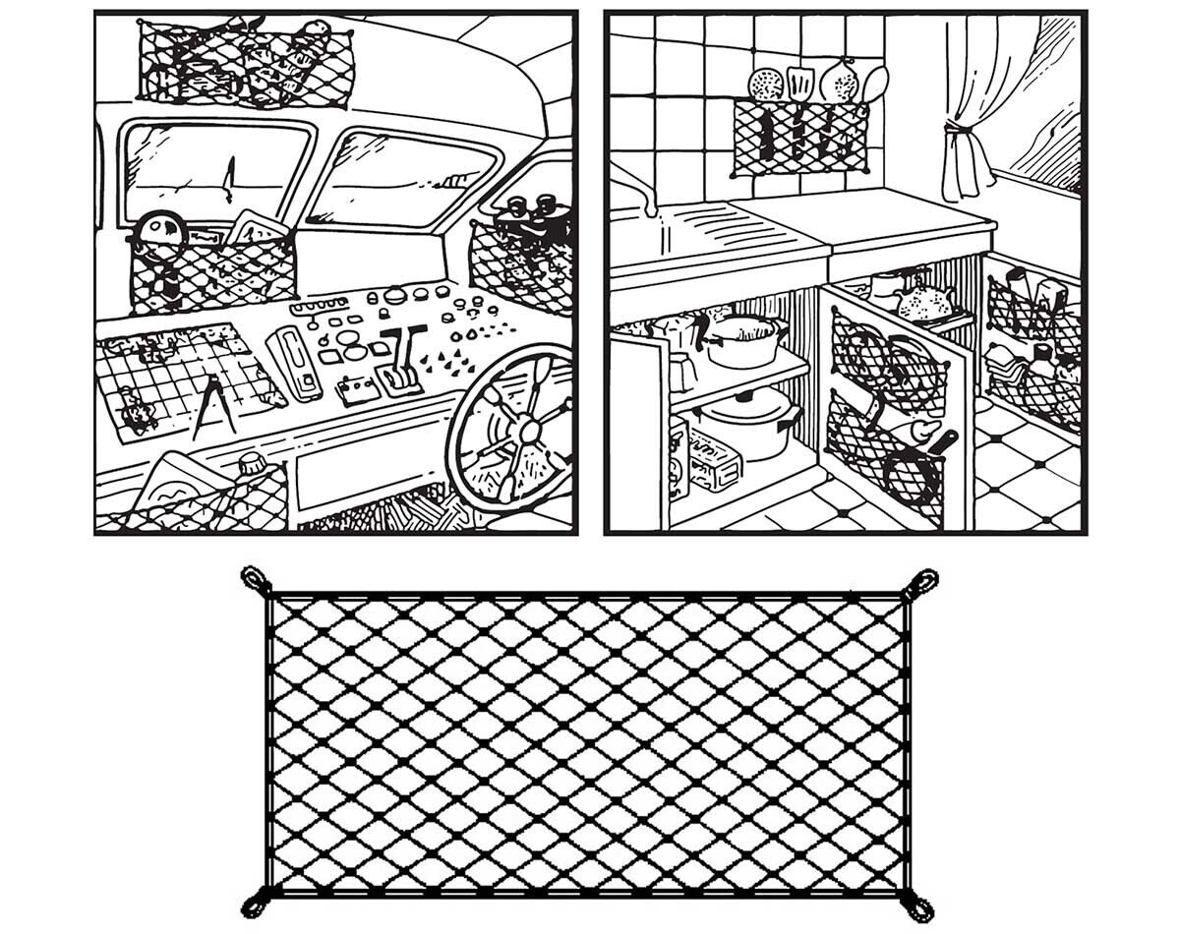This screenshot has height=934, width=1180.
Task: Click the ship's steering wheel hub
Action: [528, 430]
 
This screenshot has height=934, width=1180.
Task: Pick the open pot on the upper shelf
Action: [742, 339]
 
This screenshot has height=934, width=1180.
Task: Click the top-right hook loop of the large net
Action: [923, 581]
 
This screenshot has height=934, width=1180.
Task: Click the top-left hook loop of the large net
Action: [256, 579]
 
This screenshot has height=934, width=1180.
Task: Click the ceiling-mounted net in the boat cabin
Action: [246, 64]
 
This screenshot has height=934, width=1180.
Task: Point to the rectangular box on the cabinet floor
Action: [713, 461]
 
